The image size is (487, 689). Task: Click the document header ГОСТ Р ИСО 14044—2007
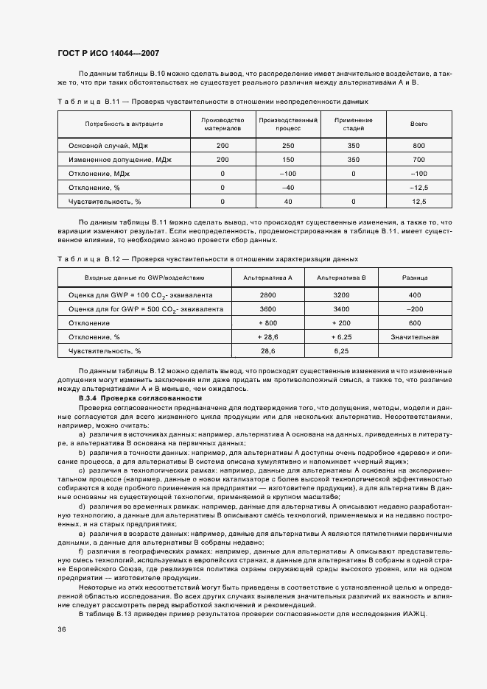click(x=108, y=54)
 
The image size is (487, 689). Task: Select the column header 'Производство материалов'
click(x=223, y=124)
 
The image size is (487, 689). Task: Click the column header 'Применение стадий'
click(x=353, y=124)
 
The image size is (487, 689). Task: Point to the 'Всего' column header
click(x=418, y=124)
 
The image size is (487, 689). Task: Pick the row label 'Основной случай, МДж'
click(x=109, y=146)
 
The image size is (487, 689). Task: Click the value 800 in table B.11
click(x=418, y=146)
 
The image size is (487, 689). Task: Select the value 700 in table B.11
click(x=418, y=160)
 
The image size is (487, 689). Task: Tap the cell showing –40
click(x=288, y=187)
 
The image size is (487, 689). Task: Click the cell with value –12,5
click(x=418, y=187)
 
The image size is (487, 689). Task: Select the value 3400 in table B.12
click(x=340, y=309)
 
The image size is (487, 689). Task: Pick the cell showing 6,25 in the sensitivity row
click(x=340, y=351)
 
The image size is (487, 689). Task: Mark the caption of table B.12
click(x=207, y=259)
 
